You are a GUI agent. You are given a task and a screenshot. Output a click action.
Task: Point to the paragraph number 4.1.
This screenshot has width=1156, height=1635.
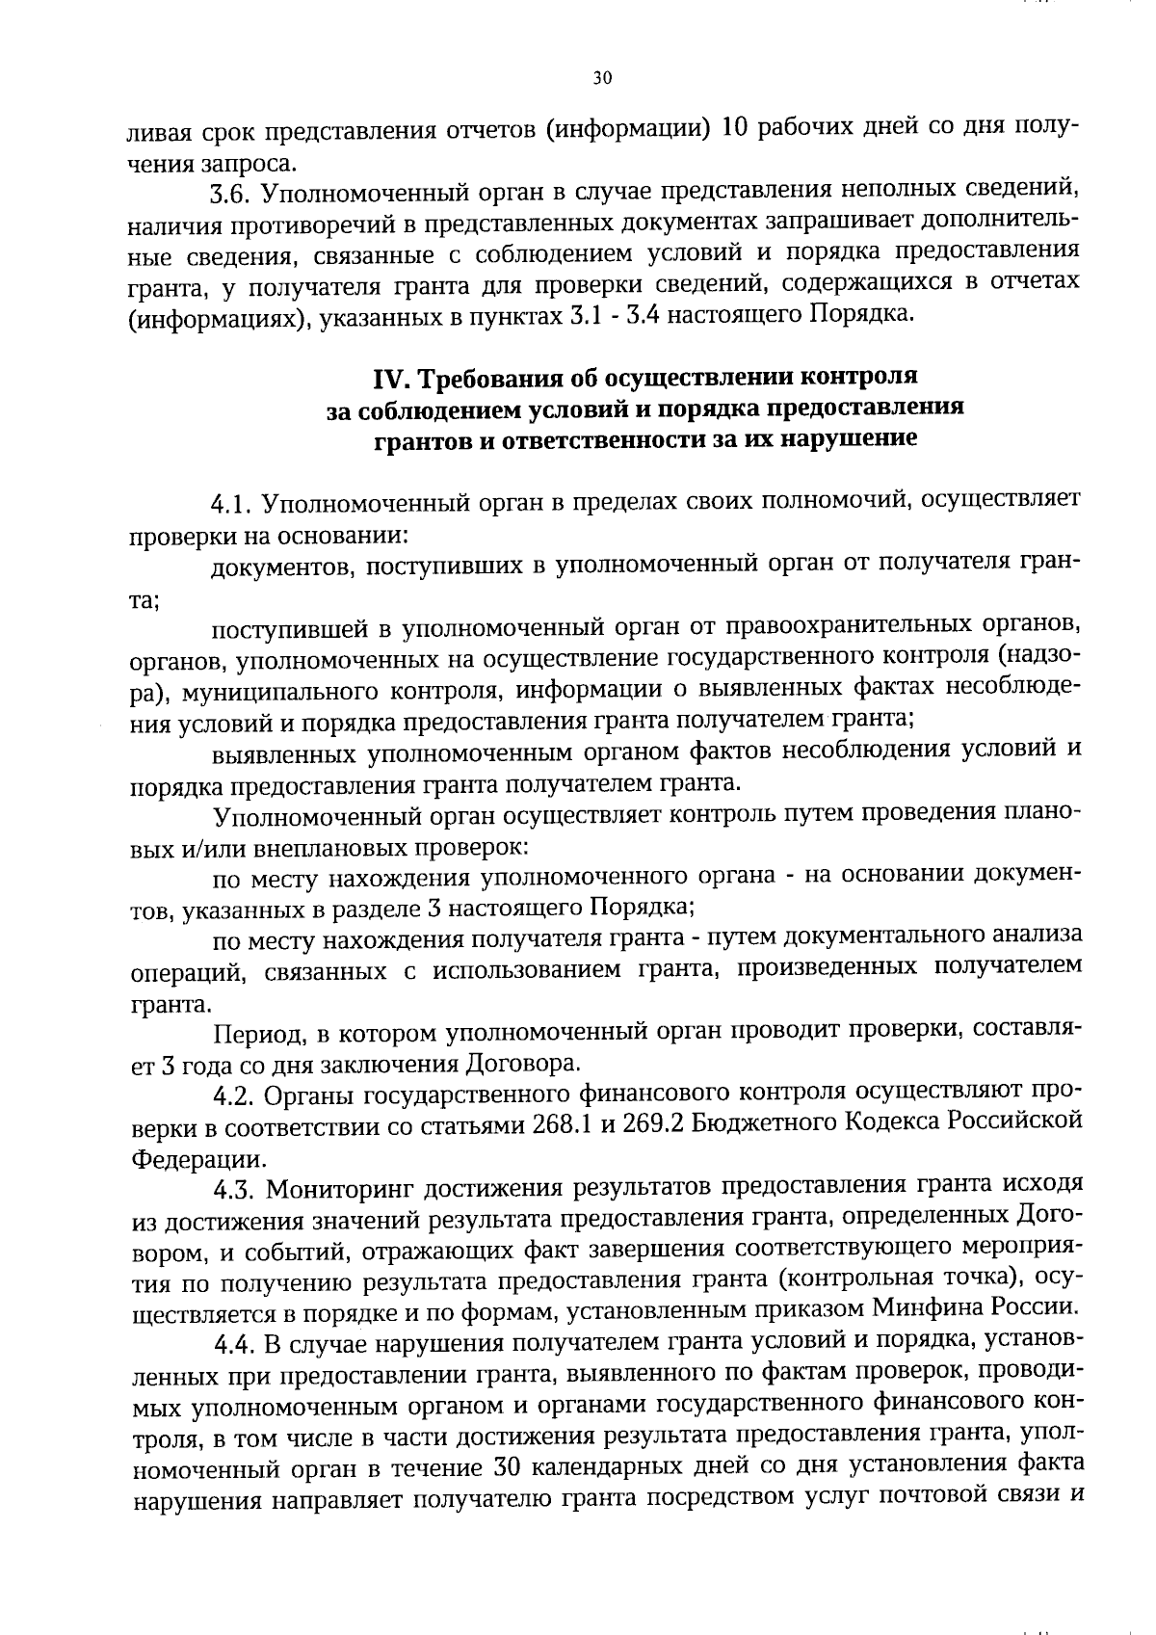(231, 503)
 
